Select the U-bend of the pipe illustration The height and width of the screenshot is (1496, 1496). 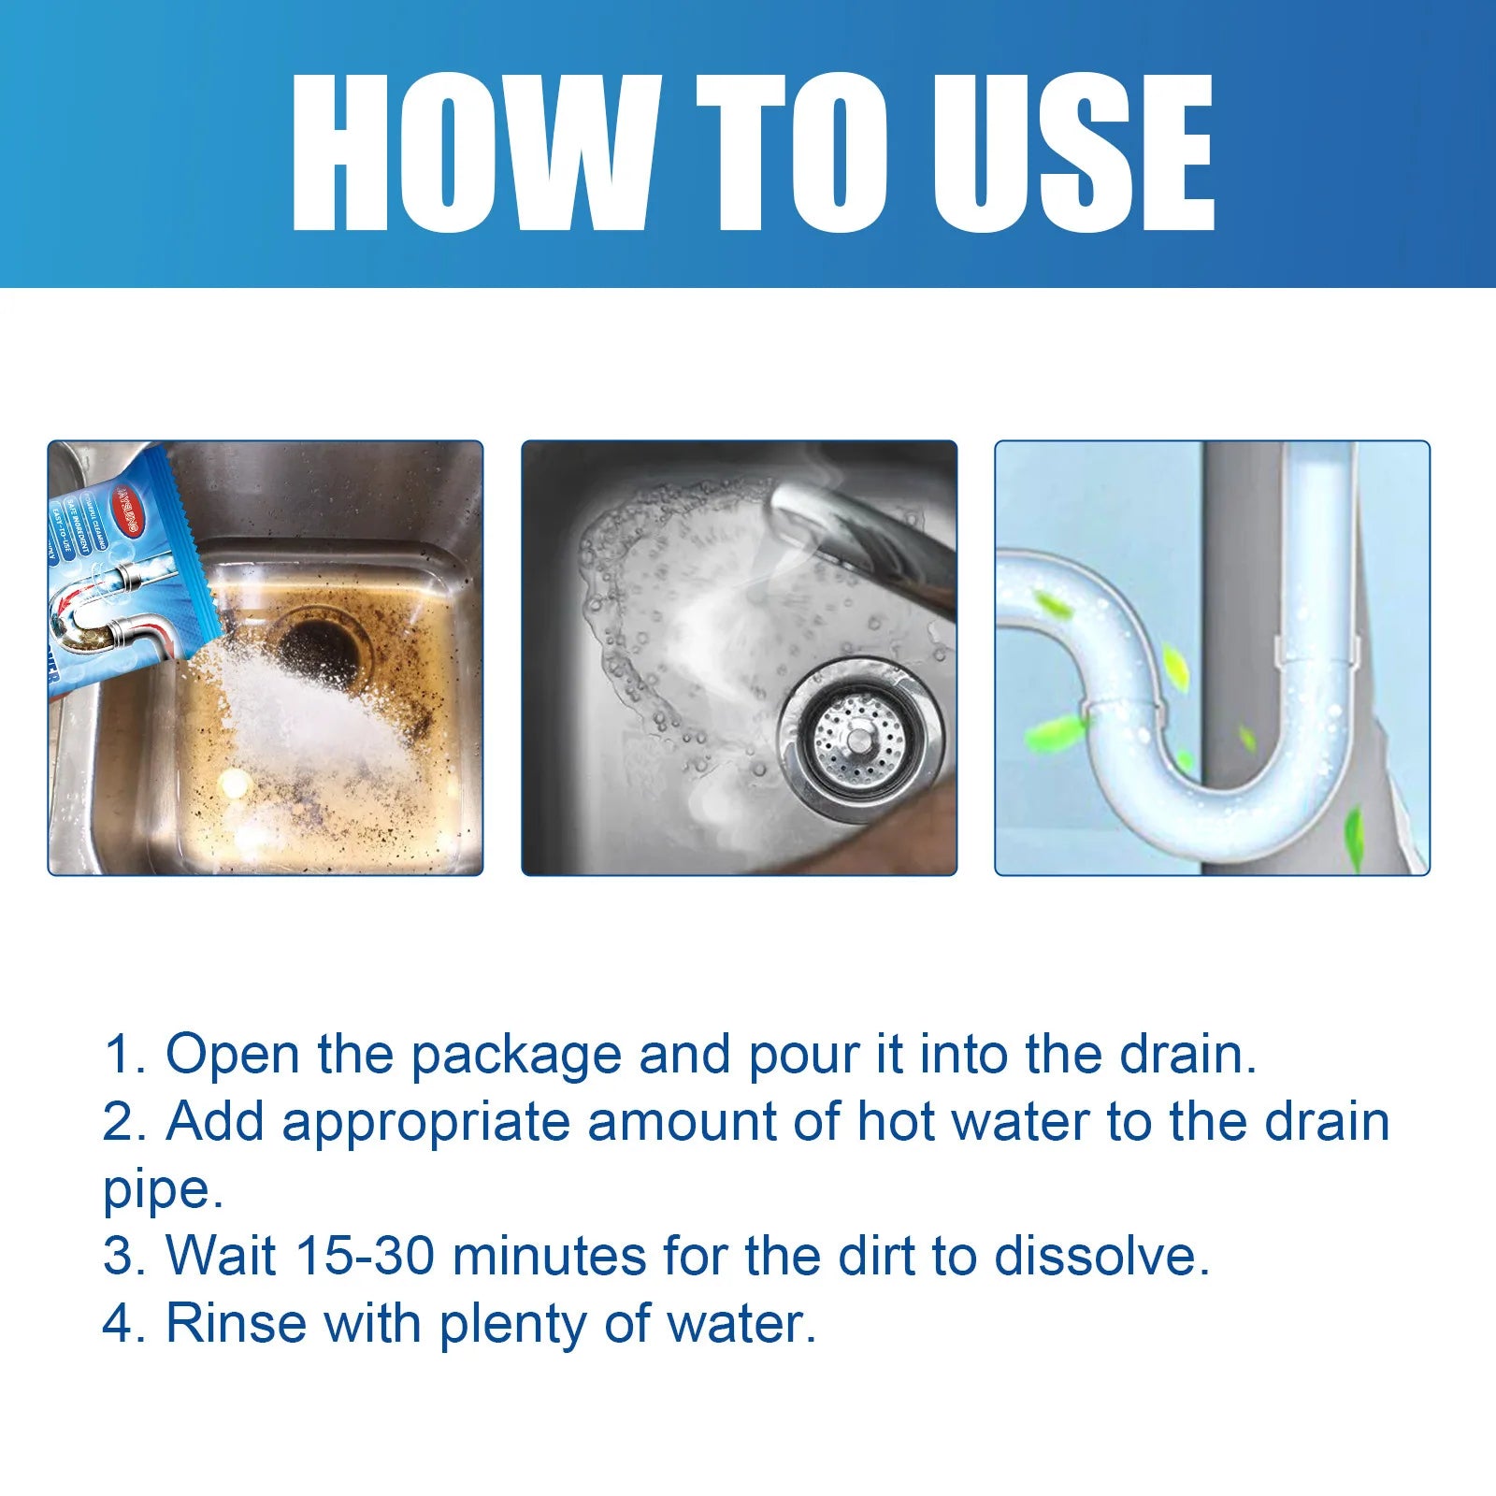[x=1206, y=795]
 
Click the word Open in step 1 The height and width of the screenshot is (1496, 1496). [x=232, y=1055]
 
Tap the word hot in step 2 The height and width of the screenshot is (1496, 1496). [x=896, y=1121]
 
